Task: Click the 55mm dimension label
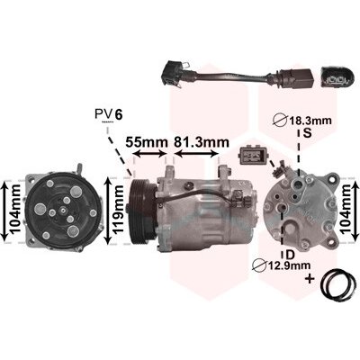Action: (x=146, y=142)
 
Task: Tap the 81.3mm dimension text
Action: (x=202, y=142)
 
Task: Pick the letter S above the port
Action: (x=308, y=133)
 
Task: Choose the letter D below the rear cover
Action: (x=290, y=255)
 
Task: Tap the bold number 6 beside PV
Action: (x=119, y=114)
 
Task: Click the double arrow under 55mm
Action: (x=149, y=154)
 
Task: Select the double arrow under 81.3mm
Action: (x=196, y=154)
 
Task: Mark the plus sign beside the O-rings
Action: (x=310, y=280)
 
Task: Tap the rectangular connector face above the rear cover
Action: (x=252, y=156)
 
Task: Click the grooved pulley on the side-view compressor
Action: (x=141, y=210)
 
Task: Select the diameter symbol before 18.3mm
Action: (x=280, y=121)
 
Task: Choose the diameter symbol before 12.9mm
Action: (x=259, y=265)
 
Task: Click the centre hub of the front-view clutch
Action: (x=62, y=211)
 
